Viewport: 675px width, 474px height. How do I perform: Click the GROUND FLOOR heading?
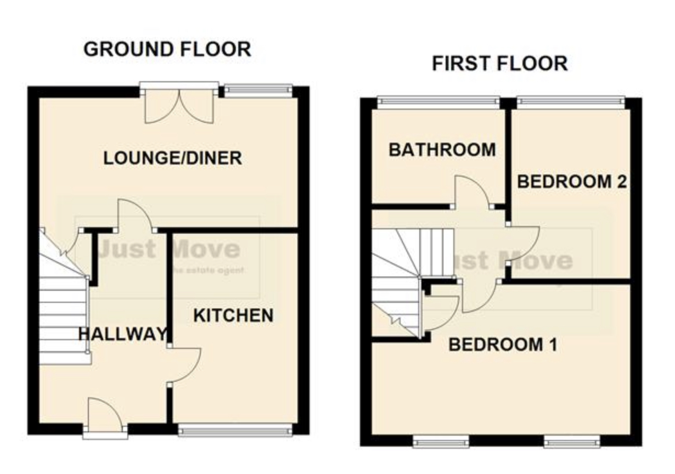[167, 49]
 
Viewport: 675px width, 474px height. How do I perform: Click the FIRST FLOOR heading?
[499, 64]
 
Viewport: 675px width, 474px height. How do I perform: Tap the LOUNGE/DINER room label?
[173, 159]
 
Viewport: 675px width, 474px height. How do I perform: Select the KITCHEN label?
[234, 315]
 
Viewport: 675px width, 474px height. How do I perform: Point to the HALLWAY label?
[122, 334]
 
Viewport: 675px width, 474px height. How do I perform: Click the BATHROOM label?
[442, 149]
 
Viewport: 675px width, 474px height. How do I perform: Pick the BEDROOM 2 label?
[572, 182]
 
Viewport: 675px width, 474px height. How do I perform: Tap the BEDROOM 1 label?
[503, 345]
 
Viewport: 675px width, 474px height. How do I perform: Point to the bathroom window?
[438, 101]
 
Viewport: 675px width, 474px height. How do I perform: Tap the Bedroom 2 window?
[571, 101]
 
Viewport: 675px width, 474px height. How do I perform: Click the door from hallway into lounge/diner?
[134, 215]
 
